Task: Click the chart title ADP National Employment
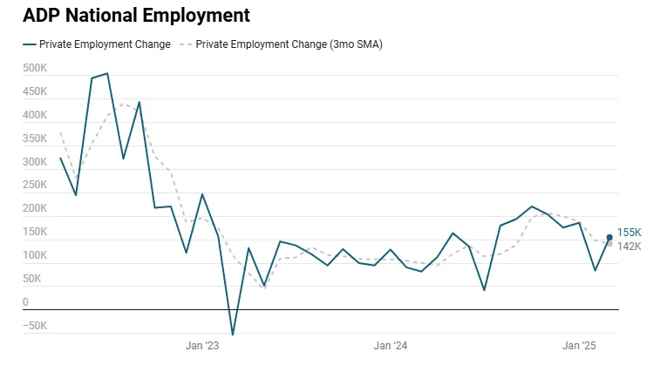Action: click(x=136, y=16)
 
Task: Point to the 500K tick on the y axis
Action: click(x=35, y=68)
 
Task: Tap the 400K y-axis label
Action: click(x=35, y=115)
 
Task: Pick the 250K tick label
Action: click(x=35, y=186)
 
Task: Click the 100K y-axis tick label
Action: click(x=35, y=256)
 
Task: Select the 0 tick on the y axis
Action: click(x=25, y=303)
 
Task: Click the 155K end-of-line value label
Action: click(x=629, y=233)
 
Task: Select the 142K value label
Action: click(x=629, y=247)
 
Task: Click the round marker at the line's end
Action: click(x=609, y=237)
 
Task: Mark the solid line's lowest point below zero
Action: click(x=233, y=334)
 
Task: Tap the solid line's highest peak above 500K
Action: click(x=107, y=73)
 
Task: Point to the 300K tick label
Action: click(x=35, y=162)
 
